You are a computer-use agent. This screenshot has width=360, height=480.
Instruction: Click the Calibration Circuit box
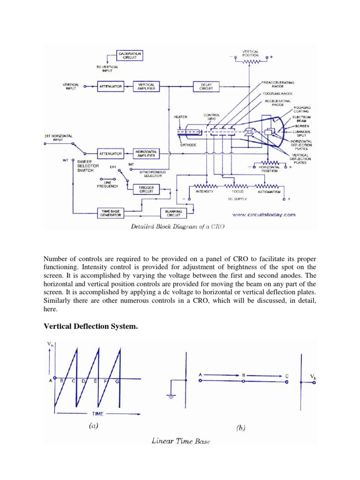point(129,56)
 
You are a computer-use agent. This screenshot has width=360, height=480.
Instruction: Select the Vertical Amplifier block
point(147,86)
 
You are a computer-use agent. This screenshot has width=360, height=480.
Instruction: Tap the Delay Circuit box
point(206,86)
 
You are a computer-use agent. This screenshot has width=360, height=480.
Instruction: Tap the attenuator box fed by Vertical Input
point(110,87)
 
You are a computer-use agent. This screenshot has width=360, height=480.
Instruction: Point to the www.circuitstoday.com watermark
point(264,215)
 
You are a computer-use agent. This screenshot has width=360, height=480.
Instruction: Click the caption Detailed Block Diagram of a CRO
point(174,226)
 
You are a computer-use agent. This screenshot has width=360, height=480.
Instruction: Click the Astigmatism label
point(269,192)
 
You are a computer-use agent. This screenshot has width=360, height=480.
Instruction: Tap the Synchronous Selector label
point(153,174)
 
